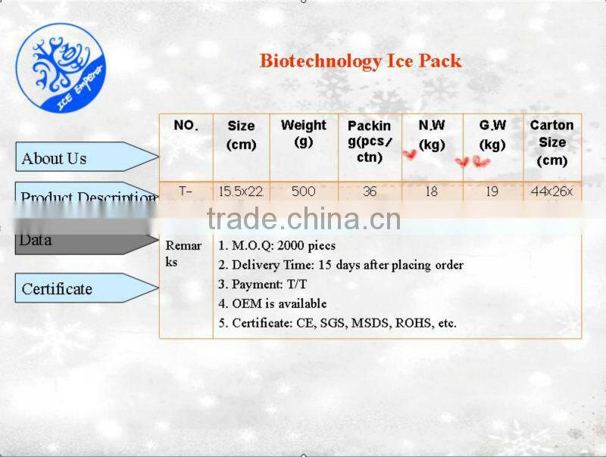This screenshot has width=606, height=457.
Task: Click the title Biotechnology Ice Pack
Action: pyautogui.click(x=361, y=61)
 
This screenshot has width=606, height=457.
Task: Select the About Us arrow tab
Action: pyautogui.click(x=83, y=157)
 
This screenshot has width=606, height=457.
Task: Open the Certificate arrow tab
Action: pyautogui.click(x=83, y=288)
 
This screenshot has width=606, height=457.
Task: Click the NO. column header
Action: pyautogui.click(x=186, y=126)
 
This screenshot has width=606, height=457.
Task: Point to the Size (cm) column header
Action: pyautogui.click(x=241, y=135)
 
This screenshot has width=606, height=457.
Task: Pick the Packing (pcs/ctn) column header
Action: pyautogui.click(x=369, y=141)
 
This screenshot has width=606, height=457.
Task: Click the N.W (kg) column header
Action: pyautogui.click(x=432, y=134)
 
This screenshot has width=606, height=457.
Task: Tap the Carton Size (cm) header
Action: pyautogui.click(x=551, y=141)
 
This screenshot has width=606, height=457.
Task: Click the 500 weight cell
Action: pyautogui.click(x=303, y=191)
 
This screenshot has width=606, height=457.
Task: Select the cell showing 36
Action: pyautogui.click(x=369, y=191)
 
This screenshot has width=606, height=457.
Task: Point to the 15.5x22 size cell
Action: pyautogui.click(x=241, y=191)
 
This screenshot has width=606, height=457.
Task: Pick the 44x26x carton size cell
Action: pyautogui.click(x=551, y=191)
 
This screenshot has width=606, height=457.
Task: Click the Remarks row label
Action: pyautogui.click(x=183, y=253)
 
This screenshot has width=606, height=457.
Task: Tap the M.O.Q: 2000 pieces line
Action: pyautogui.click(x=276, y=245)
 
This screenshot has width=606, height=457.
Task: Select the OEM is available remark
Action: pyautogui.click(x=273, y=303)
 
